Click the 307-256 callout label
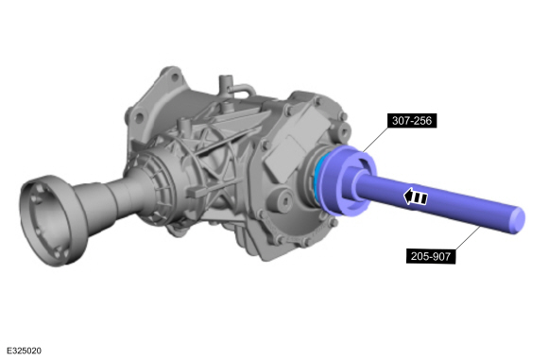[x=412, y=121]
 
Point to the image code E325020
[x=22, y=351]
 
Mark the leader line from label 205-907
[x=476, y=237]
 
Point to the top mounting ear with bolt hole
[x=172, y=77]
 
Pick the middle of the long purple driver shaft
[x=444, y=202]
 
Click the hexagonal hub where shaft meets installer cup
[x=362, y=185]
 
